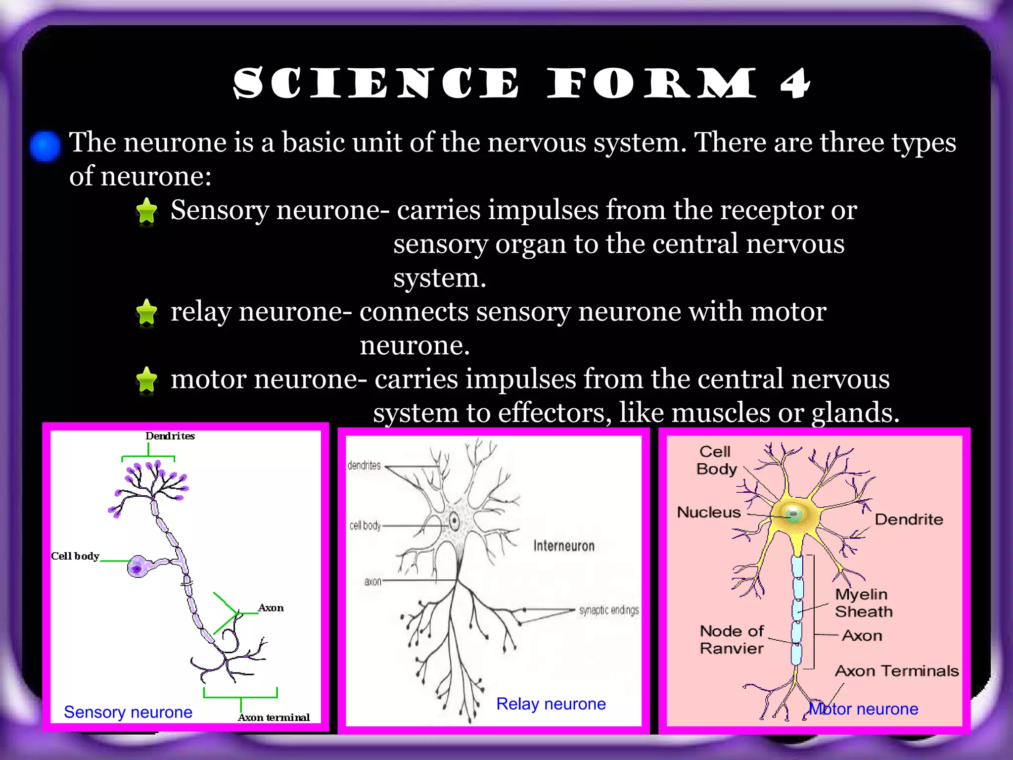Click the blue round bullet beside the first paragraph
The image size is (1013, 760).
[x=45, y=145]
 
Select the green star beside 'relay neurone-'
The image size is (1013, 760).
[x=146, y=312]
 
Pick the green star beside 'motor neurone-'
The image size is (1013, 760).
[x=146, y=380]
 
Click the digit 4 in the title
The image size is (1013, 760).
[x=795, y=83]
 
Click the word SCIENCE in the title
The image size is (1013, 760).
[x=376, y=83]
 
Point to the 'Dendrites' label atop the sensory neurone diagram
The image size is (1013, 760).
[x=170, y=436]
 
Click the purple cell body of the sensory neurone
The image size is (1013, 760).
[x=138, y=567]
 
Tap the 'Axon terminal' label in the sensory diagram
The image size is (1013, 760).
[x=274, y=717]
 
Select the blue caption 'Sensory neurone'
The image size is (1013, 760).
[x=128, y=712]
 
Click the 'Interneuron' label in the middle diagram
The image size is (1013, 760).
[x=563, y=546]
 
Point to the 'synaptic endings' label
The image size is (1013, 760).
[x=609, y=610]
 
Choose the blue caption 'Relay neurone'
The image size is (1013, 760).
[x=551, y=704]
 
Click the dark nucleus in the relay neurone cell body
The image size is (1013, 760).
[x=454, y=521]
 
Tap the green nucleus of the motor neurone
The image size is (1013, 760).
[x=793, y=515]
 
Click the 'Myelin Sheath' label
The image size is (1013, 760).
[x=863, y=603]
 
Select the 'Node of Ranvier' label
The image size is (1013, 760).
[x=732, y=639]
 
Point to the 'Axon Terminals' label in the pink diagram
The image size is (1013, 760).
[x=896, y=671]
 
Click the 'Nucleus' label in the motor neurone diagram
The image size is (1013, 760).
[x=708, y=512]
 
